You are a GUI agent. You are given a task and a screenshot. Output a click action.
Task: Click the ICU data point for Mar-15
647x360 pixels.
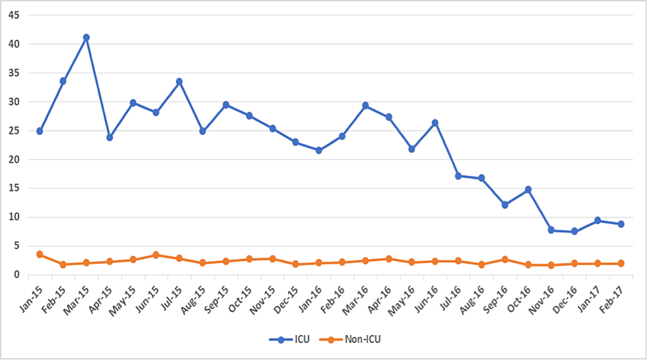[x=86, y=37]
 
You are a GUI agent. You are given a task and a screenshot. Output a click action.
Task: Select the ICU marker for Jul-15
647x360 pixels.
[x=179, y=82]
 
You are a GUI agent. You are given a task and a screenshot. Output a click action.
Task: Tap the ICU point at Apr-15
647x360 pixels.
[x=110, y=138]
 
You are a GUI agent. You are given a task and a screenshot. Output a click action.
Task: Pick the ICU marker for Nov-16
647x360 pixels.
[x=551, y=230]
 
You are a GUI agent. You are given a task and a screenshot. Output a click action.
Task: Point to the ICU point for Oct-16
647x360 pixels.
[x=528, y=190]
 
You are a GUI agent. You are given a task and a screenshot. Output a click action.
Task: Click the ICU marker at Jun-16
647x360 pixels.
[x=434, y=123]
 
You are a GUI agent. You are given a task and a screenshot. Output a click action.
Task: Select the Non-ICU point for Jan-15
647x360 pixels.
[x=39, y=254]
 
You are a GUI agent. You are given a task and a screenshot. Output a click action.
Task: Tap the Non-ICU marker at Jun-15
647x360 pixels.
[x=156, y=254]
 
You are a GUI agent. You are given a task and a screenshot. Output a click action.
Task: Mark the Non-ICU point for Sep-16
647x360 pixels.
[x=505, y=260]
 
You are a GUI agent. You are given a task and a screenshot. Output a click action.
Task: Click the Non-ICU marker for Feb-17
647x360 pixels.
[x=621, y=264]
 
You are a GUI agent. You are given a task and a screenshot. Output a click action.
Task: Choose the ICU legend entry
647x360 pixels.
[x=287, y=340]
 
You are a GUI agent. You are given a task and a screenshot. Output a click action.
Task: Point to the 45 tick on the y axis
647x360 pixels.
[x=13, y=15]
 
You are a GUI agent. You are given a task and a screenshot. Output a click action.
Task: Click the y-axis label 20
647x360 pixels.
[x=13, y=159]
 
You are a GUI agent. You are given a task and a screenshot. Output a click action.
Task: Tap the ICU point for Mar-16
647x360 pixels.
[x=365, y=106]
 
